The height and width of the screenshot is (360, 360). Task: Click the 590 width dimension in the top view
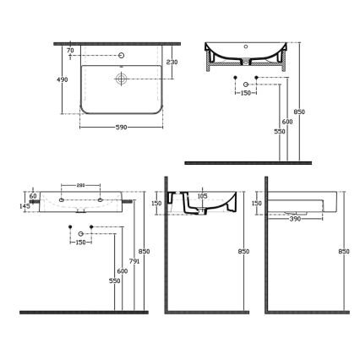121,128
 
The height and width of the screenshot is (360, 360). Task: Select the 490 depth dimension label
63,79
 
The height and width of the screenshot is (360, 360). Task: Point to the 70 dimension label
71,51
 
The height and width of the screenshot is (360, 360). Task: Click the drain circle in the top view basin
121,78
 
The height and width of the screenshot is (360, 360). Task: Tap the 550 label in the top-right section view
279,132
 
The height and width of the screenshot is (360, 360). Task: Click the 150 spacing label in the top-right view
245,93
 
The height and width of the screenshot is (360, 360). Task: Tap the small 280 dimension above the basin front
80,185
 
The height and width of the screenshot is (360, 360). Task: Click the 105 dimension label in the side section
201,195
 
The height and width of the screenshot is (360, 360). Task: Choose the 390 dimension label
295,219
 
